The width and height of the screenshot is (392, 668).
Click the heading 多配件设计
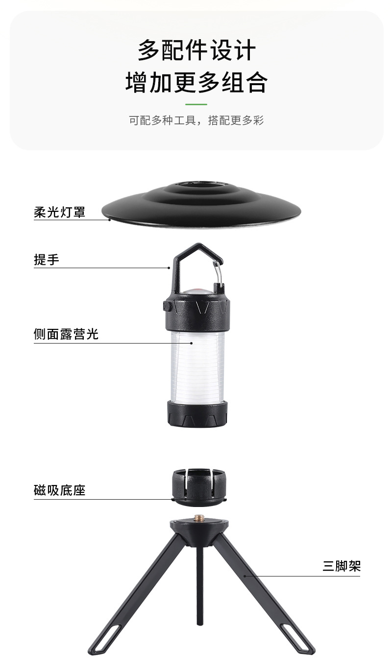tap(196, 50)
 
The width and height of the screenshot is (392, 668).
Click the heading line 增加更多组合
tap(196, 82)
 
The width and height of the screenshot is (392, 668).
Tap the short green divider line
tap(196, 104)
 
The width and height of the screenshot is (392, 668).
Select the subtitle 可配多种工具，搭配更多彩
tap(196, 120)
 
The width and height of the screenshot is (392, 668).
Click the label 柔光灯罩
tap(59, 212)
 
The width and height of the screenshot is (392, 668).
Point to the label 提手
tap(46, 260)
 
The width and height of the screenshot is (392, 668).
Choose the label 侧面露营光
tap(66, 334)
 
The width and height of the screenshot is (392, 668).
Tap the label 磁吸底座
tap(59, 490)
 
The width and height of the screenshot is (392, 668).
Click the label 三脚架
tap(342, 566)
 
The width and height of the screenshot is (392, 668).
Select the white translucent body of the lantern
tap(197, 365)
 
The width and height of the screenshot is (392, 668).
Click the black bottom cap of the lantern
tap(197, 414)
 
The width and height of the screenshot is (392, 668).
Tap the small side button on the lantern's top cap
tap(166, 306)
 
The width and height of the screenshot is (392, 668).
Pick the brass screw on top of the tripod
tap(198, 517)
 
